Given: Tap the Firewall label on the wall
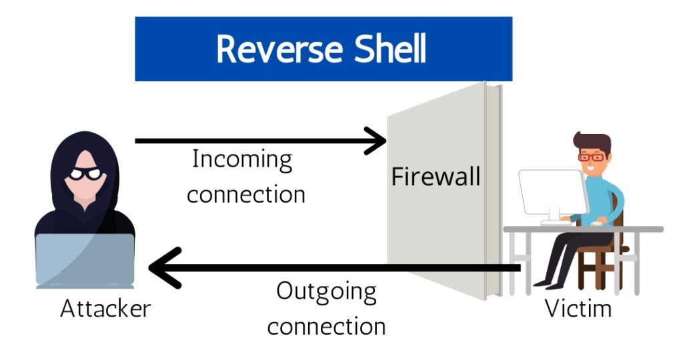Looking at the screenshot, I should tap(436, 177).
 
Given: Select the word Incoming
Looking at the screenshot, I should tap(242, 161).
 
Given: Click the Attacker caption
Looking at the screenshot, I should tap(105, 309).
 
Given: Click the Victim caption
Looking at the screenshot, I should tap(578, 309).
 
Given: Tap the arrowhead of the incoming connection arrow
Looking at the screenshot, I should tap(378, 141).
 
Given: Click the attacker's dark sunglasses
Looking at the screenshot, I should tap(86, 175).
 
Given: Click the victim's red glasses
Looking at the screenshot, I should tap(592, 157).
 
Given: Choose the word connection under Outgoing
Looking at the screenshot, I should tap(331, 327).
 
